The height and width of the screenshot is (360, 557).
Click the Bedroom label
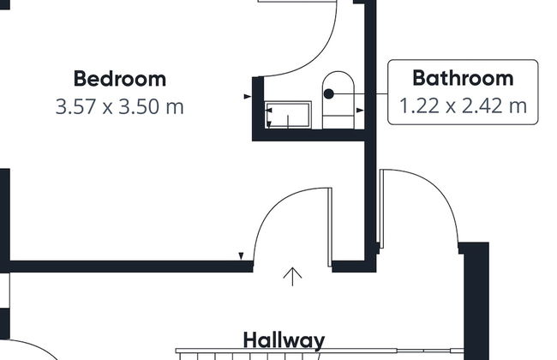click(x=120, y=79)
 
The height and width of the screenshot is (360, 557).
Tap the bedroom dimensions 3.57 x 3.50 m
click(x=120, y=106)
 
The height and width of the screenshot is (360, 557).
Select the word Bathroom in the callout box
click(x=463, y=78)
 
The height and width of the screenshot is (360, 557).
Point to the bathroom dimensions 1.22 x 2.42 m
click(x=463, y=106)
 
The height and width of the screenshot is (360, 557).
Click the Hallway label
click(x=284, y=340)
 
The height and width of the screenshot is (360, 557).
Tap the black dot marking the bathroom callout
click(x=329, y=93)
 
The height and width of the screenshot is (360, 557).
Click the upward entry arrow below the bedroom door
click(x=292, y=277)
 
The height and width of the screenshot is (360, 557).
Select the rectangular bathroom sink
click(x=288, y=115)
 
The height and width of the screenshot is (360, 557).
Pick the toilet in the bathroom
click(x=338, y=100)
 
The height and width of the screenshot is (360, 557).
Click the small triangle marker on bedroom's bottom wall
click(x=241, y=256)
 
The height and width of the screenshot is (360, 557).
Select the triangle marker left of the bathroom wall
click(x=248, y=96)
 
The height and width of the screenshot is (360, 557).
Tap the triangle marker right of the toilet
click(x=360, y=111)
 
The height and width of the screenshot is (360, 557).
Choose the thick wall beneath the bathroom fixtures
click(x=309, y=135)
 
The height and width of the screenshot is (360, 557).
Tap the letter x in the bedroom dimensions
click(x=107, y=108)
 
